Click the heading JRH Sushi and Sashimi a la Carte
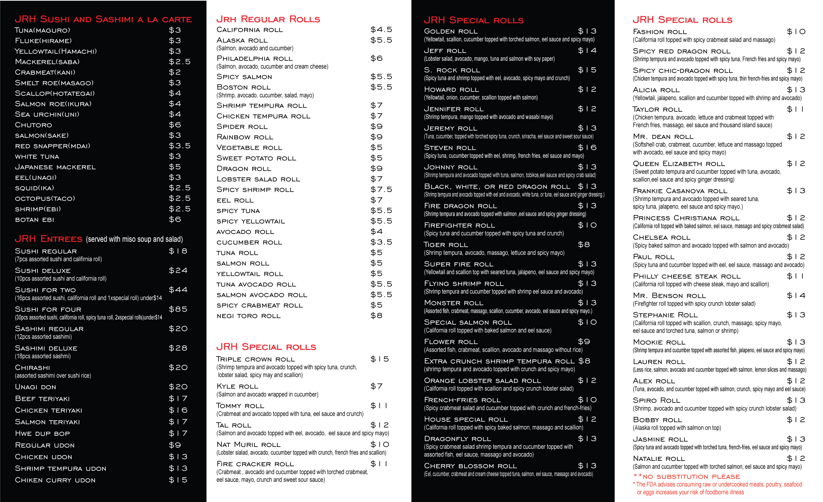103,19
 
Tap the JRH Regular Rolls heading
268,19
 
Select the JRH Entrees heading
49,239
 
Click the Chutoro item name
33,125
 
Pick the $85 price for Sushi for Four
178,309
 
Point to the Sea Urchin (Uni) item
47,114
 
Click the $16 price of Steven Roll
587,148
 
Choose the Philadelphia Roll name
254,58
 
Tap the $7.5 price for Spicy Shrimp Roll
381,190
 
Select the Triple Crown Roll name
256,359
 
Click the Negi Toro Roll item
248,316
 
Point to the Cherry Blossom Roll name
470,466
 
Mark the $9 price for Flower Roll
584,342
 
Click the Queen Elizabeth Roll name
679,164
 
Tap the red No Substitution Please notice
687,477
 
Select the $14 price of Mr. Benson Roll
796,296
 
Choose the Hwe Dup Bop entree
42,433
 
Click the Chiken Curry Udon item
55,480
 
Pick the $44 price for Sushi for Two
178,290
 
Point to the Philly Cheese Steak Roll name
686,276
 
